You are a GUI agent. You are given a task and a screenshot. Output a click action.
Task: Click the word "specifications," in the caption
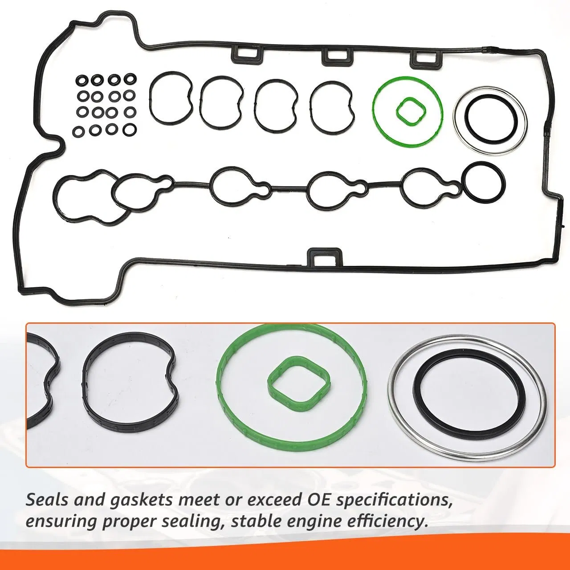click(392, 501)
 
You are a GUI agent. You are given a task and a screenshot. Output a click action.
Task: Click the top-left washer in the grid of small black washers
click(82, 81)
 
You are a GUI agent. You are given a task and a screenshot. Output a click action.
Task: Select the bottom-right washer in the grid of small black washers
click(130, 130)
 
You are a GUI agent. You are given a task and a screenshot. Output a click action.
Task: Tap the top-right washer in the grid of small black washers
click(130, 79)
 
